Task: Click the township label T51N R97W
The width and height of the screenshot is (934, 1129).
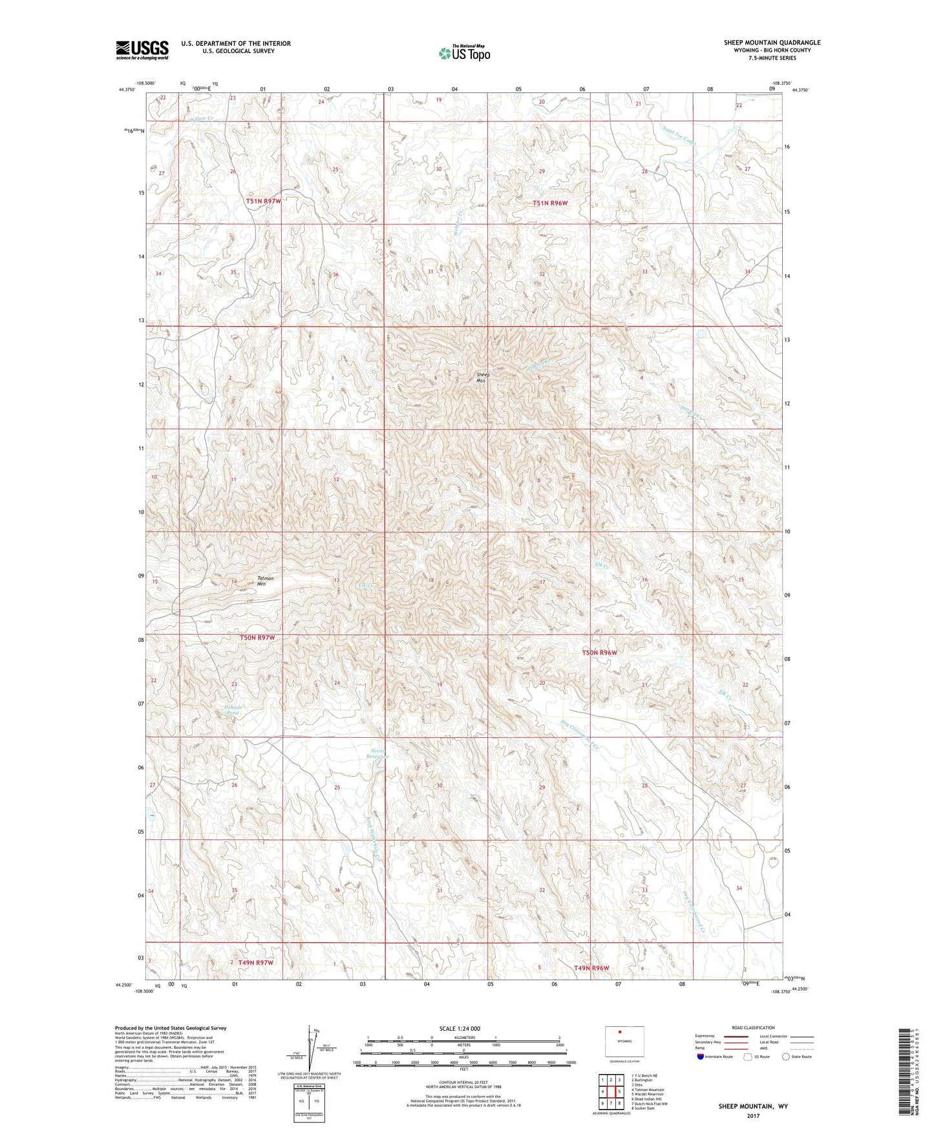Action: (x=263, y=201)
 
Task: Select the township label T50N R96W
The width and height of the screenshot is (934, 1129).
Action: (x=599, y=653)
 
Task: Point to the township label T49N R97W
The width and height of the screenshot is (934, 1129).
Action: (x=256, y=963)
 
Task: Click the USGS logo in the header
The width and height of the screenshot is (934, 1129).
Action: (x=142, y=50)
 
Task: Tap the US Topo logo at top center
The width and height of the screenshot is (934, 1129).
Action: (x=464, y=53)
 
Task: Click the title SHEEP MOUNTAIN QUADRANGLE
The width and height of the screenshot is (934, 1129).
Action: (x=772, y=43)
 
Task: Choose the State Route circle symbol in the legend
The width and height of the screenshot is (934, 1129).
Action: (x=786, y=1057)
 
